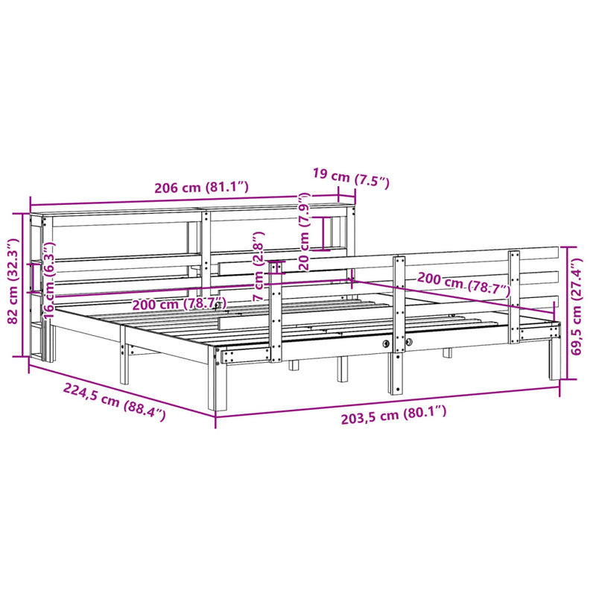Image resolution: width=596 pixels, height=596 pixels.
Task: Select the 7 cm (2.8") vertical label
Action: pyautogui.click(x=259, y=276)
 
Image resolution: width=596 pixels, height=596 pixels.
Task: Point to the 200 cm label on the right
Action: pyautogui.click(x=462, y=284)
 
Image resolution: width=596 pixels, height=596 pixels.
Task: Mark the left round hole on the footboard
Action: pyautogui.click(x=386, y=343)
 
